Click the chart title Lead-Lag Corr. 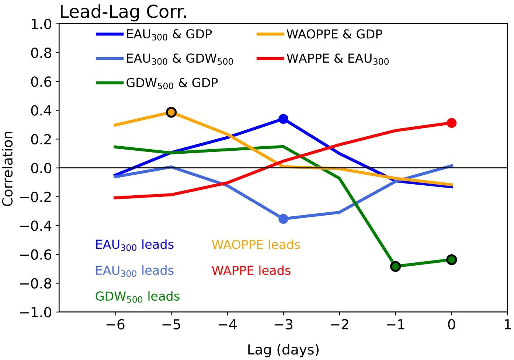[123, 12]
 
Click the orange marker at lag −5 [171, 112]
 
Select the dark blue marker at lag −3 [283, 119]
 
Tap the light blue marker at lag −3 [283, 219]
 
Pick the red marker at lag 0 [451, 123]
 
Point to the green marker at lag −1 [395, 266]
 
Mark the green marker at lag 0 [451, 260]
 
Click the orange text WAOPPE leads [256, 245]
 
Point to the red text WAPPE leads [251, 271]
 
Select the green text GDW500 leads [138, 297]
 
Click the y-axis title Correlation [8, 168]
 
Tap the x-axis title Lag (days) [283, 350]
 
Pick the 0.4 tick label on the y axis [41, 111]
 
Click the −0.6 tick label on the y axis [37, 255]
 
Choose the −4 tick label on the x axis [227, 325]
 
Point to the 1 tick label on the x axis [507, 325]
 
